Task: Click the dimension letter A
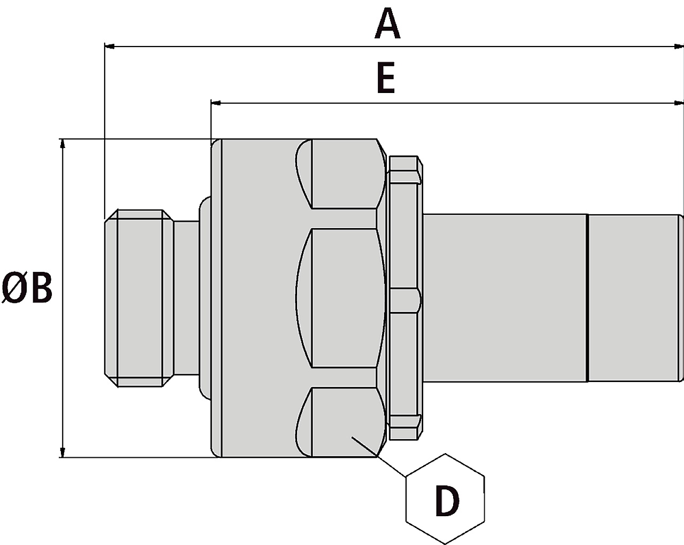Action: (x=387, y=25)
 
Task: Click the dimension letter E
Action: (x=385, y=79)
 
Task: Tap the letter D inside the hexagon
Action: (x=447, y=501)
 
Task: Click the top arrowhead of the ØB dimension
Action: (x=63, y=144)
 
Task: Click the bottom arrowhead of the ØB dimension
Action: (x=63, y=451)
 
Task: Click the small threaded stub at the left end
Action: (x=137, y=298)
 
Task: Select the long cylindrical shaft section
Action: (x=505, y=298)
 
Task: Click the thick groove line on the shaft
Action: (x=587, y=298)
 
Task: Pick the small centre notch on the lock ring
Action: (x=405, y=299)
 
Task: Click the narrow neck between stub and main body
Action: (x=186, y=298)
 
